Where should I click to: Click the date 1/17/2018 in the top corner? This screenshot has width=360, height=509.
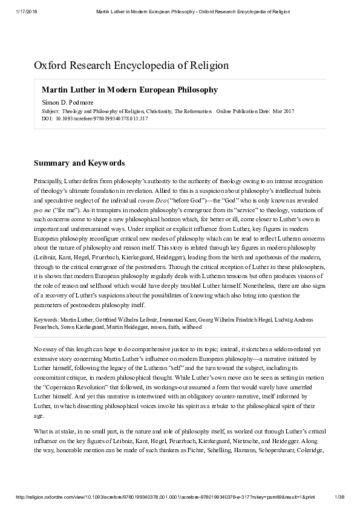click(x=23, y=11)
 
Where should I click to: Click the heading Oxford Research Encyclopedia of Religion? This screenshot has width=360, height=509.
click(x=131, y=65)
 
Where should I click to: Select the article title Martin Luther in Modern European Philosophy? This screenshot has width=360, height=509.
click(x=129, y=89)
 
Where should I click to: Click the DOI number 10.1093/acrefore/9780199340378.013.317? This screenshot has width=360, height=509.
click(x=101, y=118)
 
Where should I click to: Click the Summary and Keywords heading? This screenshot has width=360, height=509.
click(x=79, y=163)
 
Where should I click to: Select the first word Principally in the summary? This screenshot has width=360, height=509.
click(x=47, y=181)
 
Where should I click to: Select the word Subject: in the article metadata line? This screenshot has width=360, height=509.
click(x=50, y=112)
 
